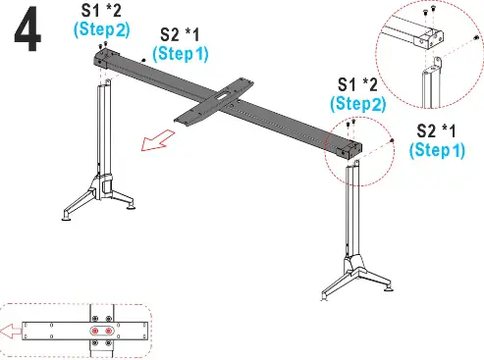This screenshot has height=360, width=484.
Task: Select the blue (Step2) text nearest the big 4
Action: [x=101, y=29]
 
